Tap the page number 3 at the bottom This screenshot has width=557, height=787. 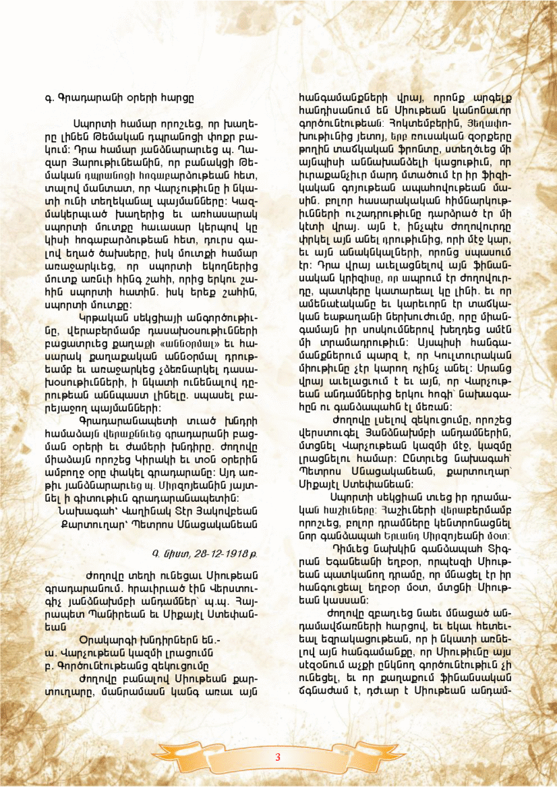[x=278, y=757]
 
